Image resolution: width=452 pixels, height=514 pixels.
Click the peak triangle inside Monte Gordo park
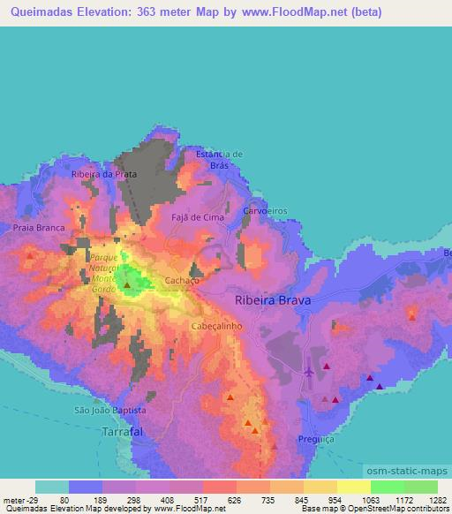pyautogui.click(x=127, y=284)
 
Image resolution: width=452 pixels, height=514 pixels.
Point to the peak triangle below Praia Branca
pyautogui.click(x=30, y=256)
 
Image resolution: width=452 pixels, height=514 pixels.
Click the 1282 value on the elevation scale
pyautogui.click(x=433, y=500)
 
